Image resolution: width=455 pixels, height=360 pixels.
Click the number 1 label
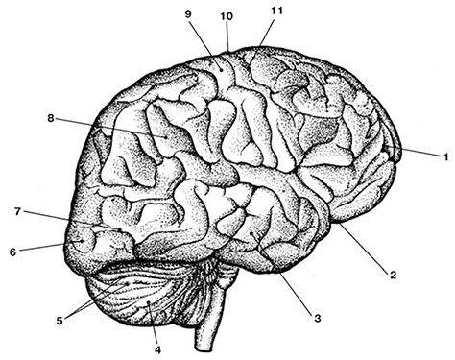coord(445,156)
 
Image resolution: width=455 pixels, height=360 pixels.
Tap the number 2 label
coord(393,275)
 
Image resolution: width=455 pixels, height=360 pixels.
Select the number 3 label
coord(317,319)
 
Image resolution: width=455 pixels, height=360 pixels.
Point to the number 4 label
coord(157,349)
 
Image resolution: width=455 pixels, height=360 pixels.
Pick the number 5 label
coord(60,321)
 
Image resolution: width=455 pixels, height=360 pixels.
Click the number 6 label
coord(12,252)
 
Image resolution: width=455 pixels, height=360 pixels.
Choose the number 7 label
coord(18,211)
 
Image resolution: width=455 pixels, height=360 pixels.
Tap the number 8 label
coord(51,118)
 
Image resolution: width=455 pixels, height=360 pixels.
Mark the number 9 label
coord(188,13)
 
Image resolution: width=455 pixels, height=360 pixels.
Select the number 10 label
coord(227,16)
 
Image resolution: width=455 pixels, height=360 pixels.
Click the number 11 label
coord(277,11)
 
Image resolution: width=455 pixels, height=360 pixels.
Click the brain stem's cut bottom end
coord(204,348)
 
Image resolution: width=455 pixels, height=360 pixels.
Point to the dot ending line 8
coord(166,137)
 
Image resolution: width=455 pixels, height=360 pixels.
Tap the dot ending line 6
coord(83,241)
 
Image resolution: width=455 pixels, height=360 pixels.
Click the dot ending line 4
coord(149,302)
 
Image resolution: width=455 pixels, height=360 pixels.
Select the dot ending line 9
coord(221,68)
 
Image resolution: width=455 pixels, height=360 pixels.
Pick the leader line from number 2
coord(363,247)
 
